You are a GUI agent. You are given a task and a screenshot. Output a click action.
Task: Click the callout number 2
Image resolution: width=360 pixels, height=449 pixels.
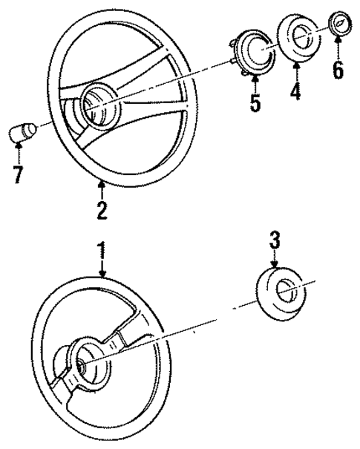pos(101,209)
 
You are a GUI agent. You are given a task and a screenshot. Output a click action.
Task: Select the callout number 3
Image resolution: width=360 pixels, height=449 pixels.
pos(275,239)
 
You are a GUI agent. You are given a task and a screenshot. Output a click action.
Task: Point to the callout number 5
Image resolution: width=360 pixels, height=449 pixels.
pos(255,102)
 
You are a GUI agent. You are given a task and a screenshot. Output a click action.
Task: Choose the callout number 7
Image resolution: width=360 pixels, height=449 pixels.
pos(19,175)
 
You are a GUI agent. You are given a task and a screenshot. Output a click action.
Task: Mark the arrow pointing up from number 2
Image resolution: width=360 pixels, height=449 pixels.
pos(101,190)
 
